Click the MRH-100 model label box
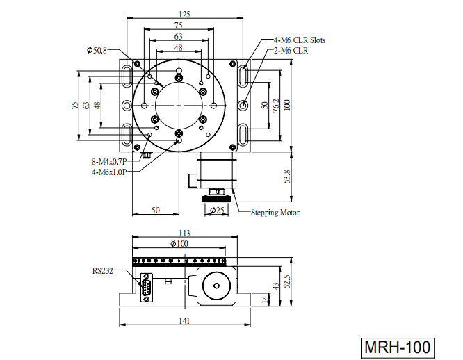click(398, 347)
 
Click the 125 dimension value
click(184, 14)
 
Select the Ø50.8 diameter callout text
click(97, 51)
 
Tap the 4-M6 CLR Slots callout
click(300, 40)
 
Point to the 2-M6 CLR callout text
click(291, 51)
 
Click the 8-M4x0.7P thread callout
click(109, 162)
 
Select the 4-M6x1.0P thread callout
click(109, 172)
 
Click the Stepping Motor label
click(275, 213)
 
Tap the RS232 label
click(102, 271)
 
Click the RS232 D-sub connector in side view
click(147, 288)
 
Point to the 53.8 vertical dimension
click(287, 177)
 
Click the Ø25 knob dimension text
click(217, 210)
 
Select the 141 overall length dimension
click(184, 320)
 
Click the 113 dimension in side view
click(184, 233)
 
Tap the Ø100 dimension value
click(179, 243)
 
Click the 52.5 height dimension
click(287, 281)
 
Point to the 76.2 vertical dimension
click(276, 106)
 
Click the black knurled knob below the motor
click(216, 199)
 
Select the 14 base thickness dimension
click(266, 299)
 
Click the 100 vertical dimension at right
click(287, 105)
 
